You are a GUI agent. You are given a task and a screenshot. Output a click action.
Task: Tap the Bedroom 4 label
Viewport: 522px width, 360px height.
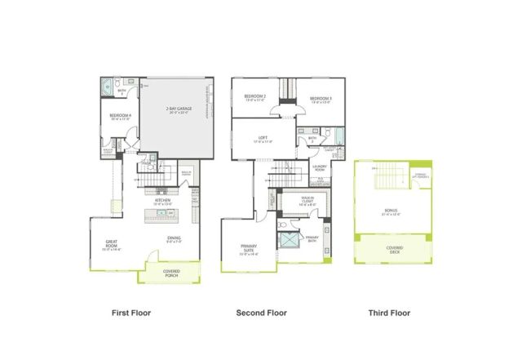[x=120, y=116]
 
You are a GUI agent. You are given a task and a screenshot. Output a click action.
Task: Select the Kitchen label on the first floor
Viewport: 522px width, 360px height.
[x=162, y=199]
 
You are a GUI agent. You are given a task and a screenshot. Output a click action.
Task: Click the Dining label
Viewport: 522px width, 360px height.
[x=174, y=238]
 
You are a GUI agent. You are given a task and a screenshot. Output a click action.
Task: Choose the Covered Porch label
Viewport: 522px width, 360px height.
[x=172, y=273]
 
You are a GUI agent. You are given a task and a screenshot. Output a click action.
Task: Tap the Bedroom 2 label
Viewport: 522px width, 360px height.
[x=254, y=98]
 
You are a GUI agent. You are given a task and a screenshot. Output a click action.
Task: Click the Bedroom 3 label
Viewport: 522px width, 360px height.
[x=320, y=100]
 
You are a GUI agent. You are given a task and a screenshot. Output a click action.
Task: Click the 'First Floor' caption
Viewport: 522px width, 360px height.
[x=133, y=313]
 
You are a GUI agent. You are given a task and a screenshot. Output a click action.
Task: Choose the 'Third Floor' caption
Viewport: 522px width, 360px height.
[x=388, y=313]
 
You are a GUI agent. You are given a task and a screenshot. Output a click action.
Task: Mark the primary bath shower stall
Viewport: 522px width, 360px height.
[x=288, y=241]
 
